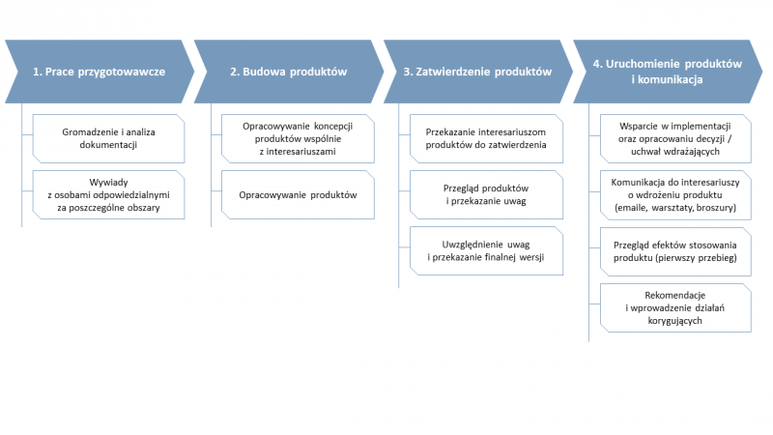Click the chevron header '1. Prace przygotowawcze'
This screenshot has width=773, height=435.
[100, 72]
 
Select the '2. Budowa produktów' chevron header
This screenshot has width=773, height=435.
[289, 72]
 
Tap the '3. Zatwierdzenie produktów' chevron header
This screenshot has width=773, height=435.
[478, 72]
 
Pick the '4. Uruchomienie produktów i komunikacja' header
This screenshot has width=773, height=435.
[668, 72]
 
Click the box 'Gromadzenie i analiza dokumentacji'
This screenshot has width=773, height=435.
[108, 138]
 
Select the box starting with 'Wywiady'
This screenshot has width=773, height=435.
[108, 195]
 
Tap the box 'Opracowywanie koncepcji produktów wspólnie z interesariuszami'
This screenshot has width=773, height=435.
[298, 138]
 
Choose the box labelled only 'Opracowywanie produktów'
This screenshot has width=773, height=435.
[298, 195]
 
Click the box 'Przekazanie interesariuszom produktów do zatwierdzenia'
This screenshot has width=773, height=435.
[486, 138]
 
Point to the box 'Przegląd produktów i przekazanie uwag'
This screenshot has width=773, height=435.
[486, 195]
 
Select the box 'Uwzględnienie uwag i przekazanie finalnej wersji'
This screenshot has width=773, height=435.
[486, 250]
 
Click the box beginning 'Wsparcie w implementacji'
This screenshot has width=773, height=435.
[675, 138]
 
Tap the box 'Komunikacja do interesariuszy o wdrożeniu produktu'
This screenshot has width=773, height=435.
[675, 195]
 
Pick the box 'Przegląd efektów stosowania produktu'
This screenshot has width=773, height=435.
[675, 251]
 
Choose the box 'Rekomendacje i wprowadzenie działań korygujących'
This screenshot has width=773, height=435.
[675, 307]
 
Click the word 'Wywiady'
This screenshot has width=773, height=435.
[108, 183]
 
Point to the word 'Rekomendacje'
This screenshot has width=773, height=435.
[674, 295]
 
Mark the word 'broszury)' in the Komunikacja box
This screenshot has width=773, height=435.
[716, 208]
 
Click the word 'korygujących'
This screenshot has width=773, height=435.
[674, 321]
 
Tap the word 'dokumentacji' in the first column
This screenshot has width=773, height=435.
[108, 145]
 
